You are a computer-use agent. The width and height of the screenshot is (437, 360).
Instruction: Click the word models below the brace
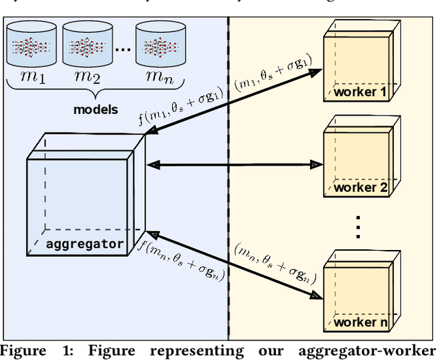[x=96, y=109]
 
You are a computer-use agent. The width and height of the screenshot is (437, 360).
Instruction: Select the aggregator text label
[x=85, y=243]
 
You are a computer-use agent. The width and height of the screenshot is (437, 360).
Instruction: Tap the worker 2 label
[x=361, y=188]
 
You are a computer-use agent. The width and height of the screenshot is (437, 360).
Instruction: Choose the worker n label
[x=361, y=322]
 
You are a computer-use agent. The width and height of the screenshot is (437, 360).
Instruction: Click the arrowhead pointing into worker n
[x=315, y=295]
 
